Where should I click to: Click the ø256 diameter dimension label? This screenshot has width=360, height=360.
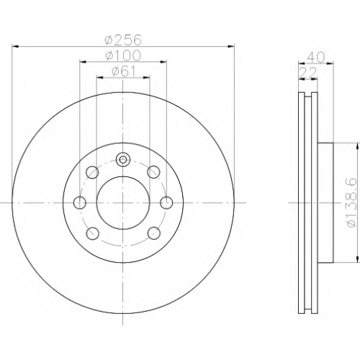(x=123, y=40)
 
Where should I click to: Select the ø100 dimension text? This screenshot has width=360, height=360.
(x=123, y=55)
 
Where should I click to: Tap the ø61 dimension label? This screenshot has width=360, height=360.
(x=124, y=71)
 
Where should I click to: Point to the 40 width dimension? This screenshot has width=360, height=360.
(x=315, y=57)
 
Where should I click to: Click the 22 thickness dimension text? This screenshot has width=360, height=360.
(x=308, y=73)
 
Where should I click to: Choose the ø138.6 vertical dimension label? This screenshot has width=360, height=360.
(x=352, y=203)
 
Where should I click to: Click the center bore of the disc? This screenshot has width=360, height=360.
(x=123, y=203)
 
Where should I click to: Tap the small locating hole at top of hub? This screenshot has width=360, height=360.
(x=123, y=159)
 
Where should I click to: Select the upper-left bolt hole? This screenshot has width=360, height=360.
(x=92, y=172)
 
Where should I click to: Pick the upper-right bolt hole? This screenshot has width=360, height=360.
(x=153, y=172)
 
